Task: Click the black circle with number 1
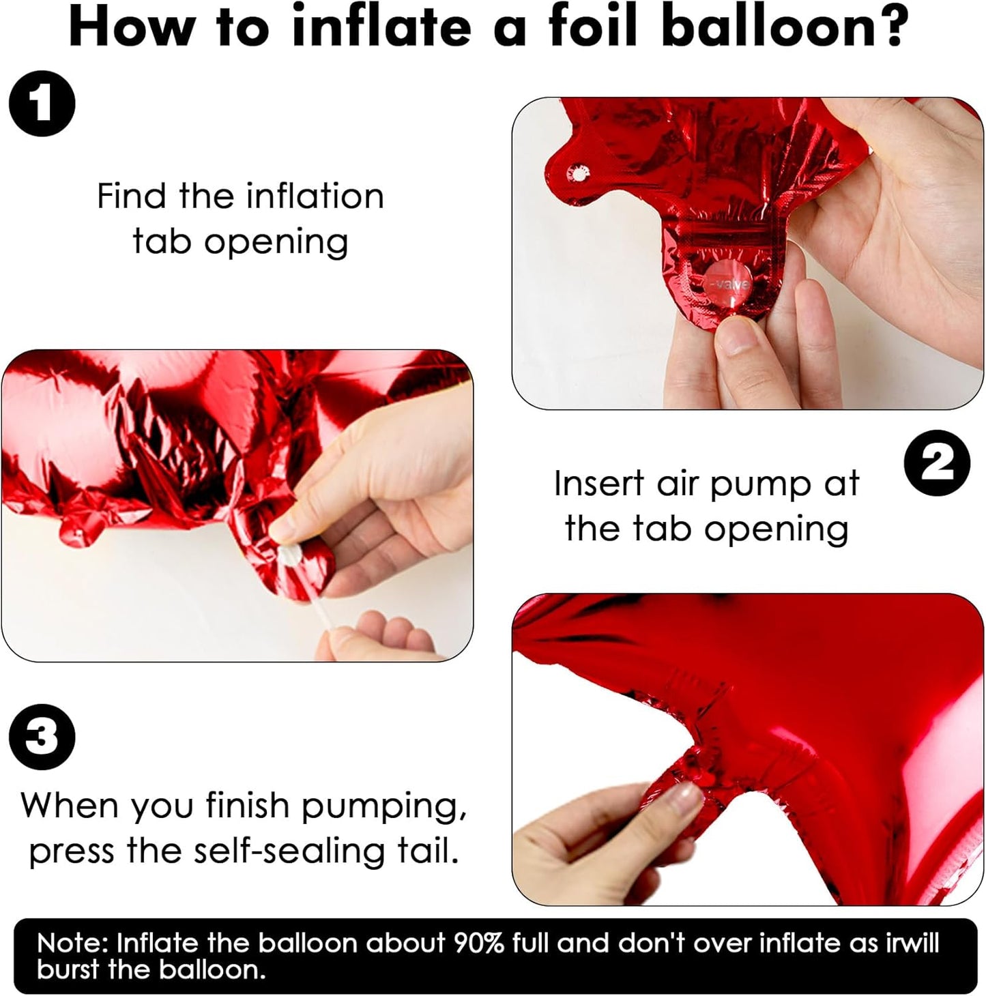click(42, 104)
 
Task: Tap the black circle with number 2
click(937, 463)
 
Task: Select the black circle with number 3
click(42, 737)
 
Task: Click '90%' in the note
click(478, 943)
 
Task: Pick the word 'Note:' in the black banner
click(73, 943)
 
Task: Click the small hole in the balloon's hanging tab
click(577, 173)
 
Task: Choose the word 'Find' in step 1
click(131, 196)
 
